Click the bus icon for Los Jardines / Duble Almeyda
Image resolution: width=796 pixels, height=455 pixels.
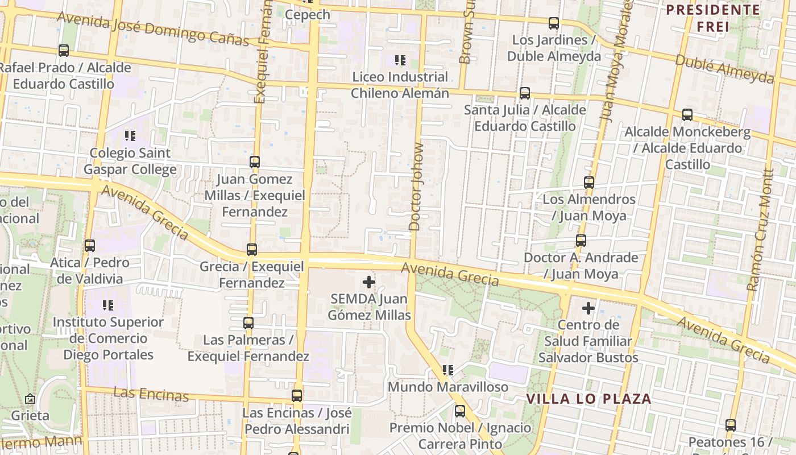coord(553,23)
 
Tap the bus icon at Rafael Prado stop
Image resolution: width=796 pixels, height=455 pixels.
coord(64,51)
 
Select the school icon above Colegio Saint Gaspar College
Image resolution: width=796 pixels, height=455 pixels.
coord(130,136)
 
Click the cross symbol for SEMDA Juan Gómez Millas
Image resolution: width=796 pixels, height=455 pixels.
coord(369,282)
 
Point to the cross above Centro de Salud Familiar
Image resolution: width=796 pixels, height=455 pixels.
coord(588,308)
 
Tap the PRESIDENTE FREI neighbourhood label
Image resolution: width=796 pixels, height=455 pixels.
coord(713,18)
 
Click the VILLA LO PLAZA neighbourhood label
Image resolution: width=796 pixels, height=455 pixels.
coord(588,399)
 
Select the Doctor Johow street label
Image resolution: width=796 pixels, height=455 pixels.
coord(417,187)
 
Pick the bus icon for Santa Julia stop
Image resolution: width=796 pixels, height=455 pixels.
coord(524,93)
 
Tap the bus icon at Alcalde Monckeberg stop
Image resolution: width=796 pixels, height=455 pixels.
coord(687,115)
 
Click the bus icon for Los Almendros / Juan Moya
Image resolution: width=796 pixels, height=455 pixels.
coord(588,183)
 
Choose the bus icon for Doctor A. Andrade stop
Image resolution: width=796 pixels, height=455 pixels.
coord(581,241)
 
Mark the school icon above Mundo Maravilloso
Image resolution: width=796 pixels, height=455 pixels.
coord(448,370)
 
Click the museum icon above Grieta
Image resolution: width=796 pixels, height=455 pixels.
coord(30,399)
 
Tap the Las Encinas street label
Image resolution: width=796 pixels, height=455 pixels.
coord(151,394)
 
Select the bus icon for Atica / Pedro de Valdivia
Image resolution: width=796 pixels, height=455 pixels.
coord(89,246)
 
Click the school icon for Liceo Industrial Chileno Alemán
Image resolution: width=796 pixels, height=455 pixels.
coord(400,60)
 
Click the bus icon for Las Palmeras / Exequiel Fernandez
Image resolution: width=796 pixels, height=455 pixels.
coord(248,323)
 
